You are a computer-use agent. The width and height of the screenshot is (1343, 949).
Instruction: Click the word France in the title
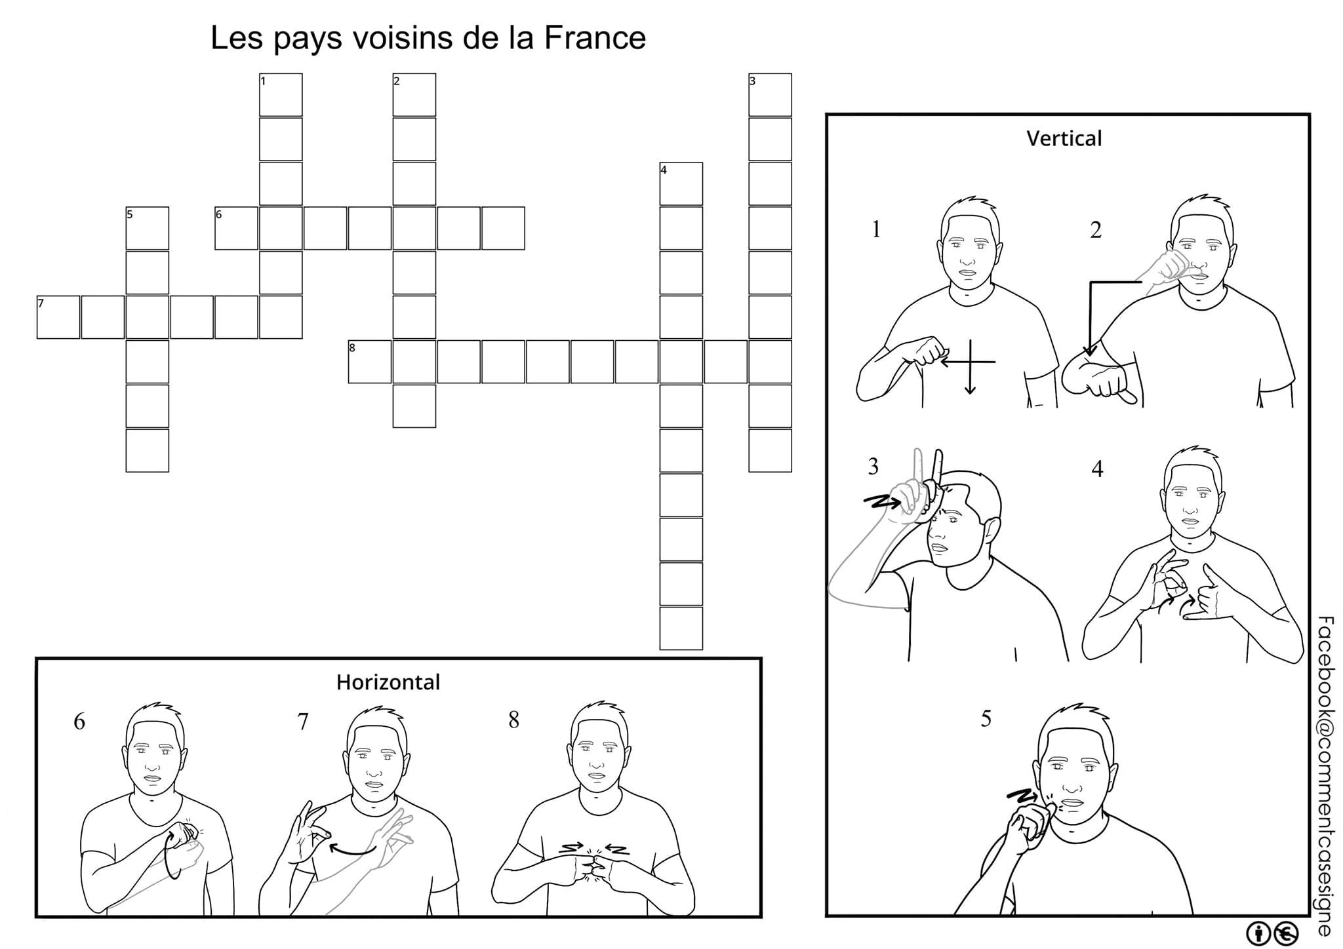coord(594,38)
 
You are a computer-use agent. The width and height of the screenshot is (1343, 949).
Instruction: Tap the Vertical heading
coord(1064,138)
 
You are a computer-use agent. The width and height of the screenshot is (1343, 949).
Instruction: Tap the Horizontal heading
coord(388,682)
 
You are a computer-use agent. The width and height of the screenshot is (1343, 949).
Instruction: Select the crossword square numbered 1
coord(281,95)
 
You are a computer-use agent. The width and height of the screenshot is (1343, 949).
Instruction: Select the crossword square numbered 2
coord(414,95)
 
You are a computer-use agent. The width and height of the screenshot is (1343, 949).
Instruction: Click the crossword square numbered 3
coord(770,95)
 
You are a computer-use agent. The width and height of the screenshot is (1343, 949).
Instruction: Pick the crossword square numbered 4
coord(681,184)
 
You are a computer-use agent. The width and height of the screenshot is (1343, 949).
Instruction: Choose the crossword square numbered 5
coord(147,228)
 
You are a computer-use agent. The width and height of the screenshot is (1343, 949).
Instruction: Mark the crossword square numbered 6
coord(236,228)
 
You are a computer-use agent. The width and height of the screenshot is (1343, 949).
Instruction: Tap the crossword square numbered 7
coord(58,317)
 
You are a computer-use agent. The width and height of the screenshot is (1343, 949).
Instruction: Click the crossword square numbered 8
coord(369,362)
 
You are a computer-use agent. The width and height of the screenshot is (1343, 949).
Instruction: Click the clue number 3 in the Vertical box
coord(873,467)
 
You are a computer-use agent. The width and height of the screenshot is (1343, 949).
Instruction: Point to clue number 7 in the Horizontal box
coord(302,722)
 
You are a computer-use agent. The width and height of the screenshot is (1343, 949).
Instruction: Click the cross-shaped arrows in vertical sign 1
coord(969,362)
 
